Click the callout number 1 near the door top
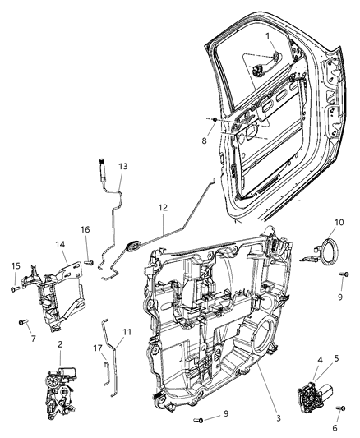coord(266,37)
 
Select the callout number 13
coord(122,166)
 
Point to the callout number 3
coord(278,418)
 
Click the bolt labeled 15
coord(15,287)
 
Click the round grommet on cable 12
coord(132,244)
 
